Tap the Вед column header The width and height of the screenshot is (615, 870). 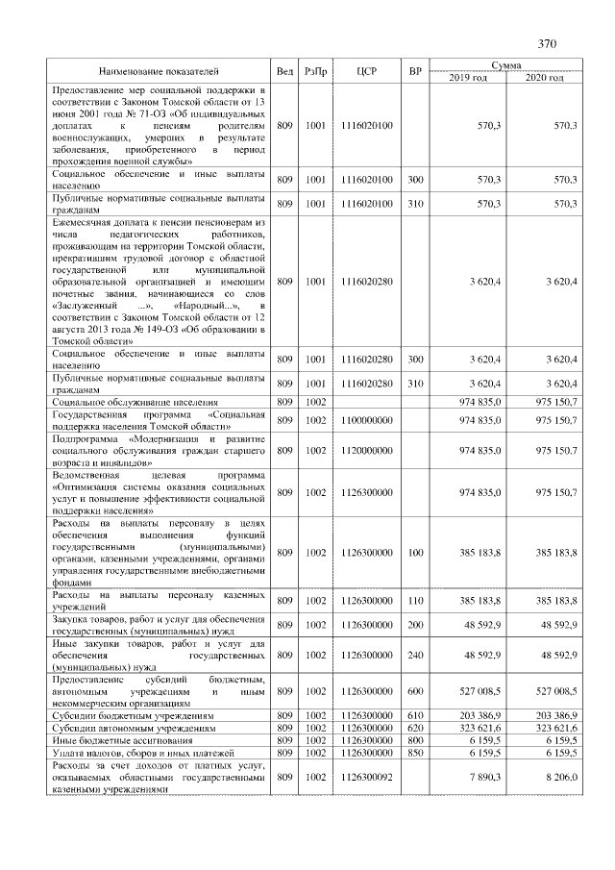click(285, 71)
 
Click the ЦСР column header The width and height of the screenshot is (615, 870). click(365, 71)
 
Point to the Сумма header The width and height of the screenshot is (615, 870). click(505, 64)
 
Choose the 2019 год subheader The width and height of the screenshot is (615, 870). click(468, 77)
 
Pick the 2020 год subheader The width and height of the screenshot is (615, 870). click(544, 77)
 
